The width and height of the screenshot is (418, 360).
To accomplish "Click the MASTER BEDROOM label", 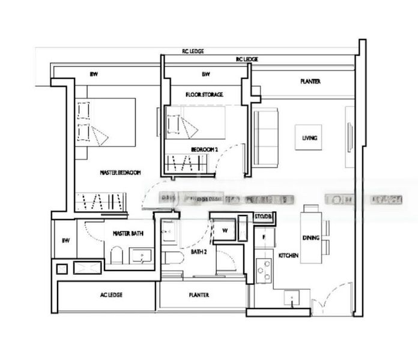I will coord(120,173).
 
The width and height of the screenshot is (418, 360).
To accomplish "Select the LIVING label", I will coord(309,138).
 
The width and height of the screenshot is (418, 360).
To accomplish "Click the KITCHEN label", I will coord(288,256).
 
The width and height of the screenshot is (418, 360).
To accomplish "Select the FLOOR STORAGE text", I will coord(204,95).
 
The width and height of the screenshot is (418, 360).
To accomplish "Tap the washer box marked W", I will coord(225,230).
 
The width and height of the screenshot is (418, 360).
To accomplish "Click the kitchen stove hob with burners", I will coord(262,271).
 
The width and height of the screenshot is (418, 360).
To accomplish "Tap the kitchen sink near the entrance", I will coord(291,297).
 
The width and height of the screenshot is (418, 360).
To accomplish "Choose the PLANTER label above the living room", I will coord(310,82).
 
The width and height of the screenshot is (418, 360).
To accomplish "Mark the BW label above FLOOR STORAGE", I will coord(205,75).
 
